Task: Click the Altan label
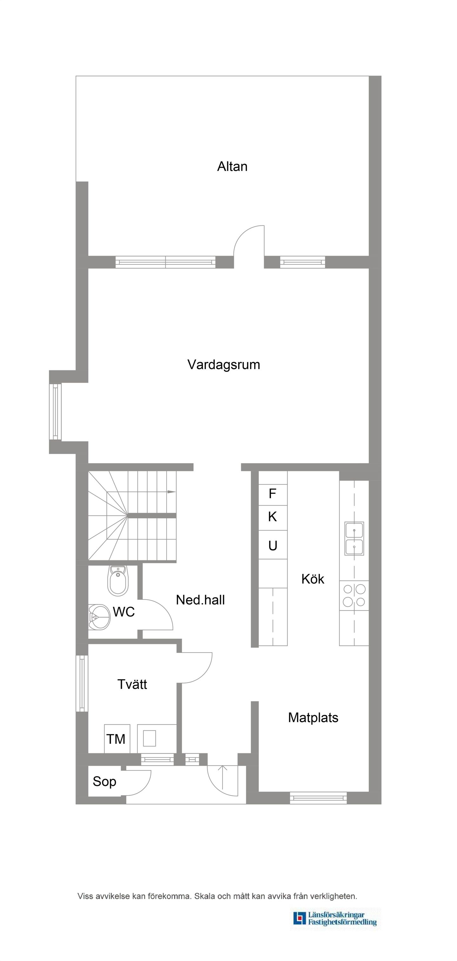point(232,166)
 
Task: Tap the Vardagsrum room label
point(224,365)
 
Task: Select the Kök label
point(313,579)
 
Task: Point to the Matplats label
point(313,718)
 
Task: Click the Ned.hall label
point(200,600)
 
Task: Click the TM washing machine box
point(117,739)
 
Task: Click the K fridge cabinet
point(273,518)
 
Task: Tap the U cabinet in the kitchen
point(273,545)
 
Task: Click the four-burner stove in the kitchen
point(354,595)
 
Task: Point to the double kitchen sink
point(354,538)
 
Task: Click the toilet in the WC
point(118,581)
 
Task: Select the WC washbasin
point(99,617)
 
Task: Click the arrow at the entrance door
point(222,779)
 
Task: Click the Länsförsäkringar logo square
point(299,918)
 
